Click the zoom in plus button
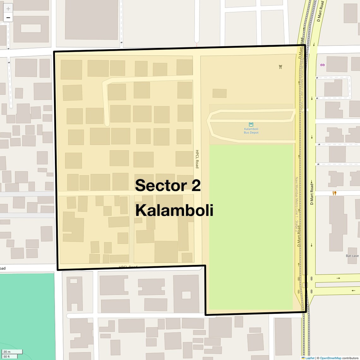(x=8, y=9)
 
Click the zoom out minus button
(x=8, y=18)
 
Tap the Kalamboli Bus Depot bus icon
(x=251, y=124)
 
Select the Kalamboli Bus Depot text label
(x=251, y=131)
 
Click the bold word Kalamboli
(x=174, y=211)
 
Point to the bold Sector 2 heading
(x=168, y=185)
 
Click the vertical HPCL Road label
(x=197, y=159)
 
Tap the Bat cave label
(x=352, y=256)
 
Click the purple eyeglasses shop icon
(x=322, y=65)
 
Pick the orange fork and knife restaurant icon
(x=334, y=193)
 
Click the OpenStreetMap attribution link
(x=330, y=358)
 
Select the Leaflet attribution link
(x=309, y=358)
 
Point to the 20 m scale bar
(x=12, y=352)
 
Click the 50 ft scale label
(x=7, y=357)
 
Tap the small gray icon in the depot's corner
(x=280, y=67)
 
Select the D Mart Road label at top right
(x=320, y=12)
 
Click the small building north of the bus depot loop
(x=219, y=93)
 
